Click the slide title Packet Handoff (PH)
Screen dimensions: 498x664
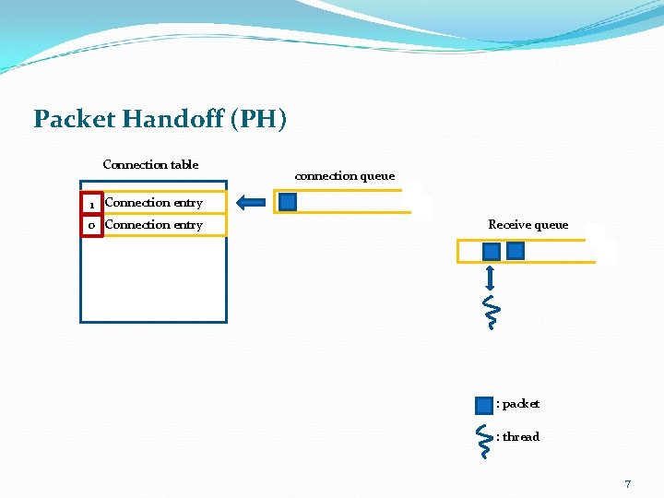[160, 119]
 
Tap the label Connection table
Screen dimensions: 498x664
[150, 165]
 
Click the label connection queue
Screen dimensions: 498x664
[344, 175]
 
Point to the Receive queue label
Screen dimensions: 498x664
[528, 225]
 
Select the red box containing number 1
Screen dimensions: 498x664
[91, 203]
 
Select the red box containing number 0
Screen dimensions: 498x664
[91, 225]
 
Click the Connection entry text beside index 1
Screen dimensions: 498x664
[153, 203]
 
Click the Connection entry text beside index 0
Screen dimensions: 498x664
[153, 225]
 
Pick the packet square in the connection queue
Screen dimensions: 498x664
[288, 202]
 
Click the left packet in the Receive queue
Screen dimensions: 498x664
[492, 251]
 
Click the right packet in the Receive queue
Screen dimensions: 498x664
[516, 251]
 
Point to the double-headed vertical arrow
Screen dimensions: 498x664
[492, 278]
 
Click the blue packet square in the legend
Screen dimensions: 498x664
[484, 405]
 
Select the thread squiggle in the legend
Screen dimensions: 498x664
[485, 439]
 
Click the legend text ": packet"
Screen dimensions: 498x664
[517, 404]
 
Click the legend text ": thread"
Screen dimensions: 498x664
[517, 437]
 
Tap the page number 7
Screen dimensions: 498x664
[628, 483]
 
